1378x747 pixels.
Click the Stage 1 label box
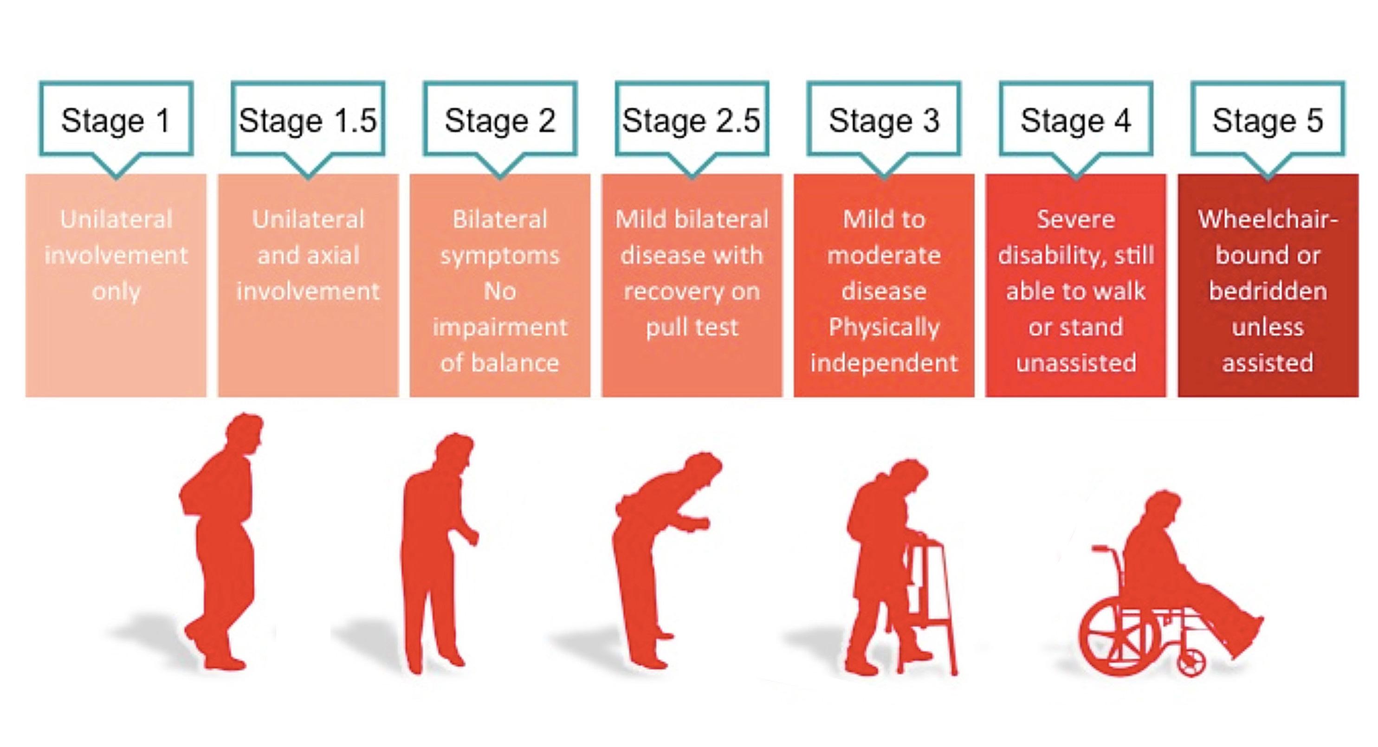point(116,120)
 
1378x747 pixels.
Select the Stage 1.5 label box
point(308,120)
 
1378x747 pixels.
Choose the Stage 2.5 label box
point(691,120)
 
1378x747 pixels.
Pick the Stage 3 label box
point(884,120)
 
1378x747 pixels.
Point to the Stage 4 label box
point(1076,120)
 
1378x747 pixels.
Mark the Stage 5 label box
point(1267,120)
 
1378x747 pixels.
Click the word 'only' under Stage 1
point(116,292)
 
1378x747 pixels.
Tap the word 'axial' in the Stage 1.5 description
point(332,256)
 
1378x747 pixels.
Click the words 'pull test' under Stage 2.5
point(692,327)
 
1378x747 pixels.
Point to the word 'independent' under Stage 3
point(884,364)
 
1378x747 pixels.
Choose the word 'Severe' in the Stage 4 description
point(1076,220)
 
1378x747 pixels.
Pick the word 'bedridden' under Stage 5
point(1267,292)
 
